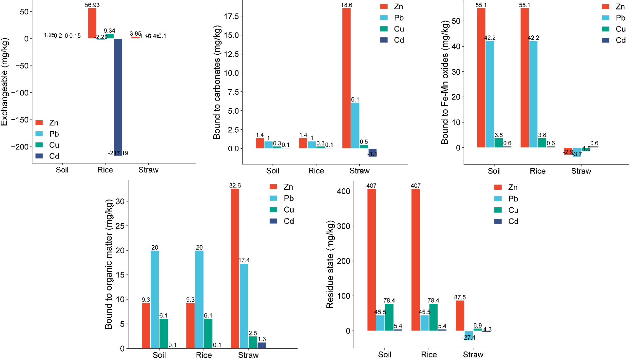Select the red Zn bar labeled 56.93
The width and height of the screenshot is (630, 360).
tap(92, 23)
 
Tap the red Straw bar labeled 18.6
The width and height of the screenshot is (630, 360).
tap(346, 78)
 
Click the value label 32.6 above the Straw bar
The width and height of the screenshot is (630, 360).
tap(235, 185)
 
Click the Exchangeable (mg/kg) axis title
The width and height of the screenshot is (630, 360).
tap(4, 82)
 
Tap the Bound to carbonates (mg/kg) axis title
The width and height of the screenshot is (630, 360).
tap(217, 83)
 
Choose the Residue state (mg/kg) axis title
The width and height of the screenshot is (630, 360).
tap(330, 264)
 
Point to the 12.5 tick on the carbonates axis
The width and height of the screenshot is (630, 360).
tap(231, 54)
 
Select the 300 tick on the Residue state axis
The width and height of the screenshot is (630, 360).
tap(343, 226)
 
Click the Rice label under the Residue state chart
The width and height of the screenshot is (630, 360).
tap(429, 354)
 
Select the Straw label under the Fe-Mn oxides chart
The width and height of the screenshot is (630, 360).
tap(581, 171)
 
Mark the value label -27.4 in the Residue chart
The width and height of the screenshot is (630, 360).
tap(469, 337)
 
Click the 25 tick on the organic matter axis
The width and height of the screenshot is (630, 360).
tap(120, 226)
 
